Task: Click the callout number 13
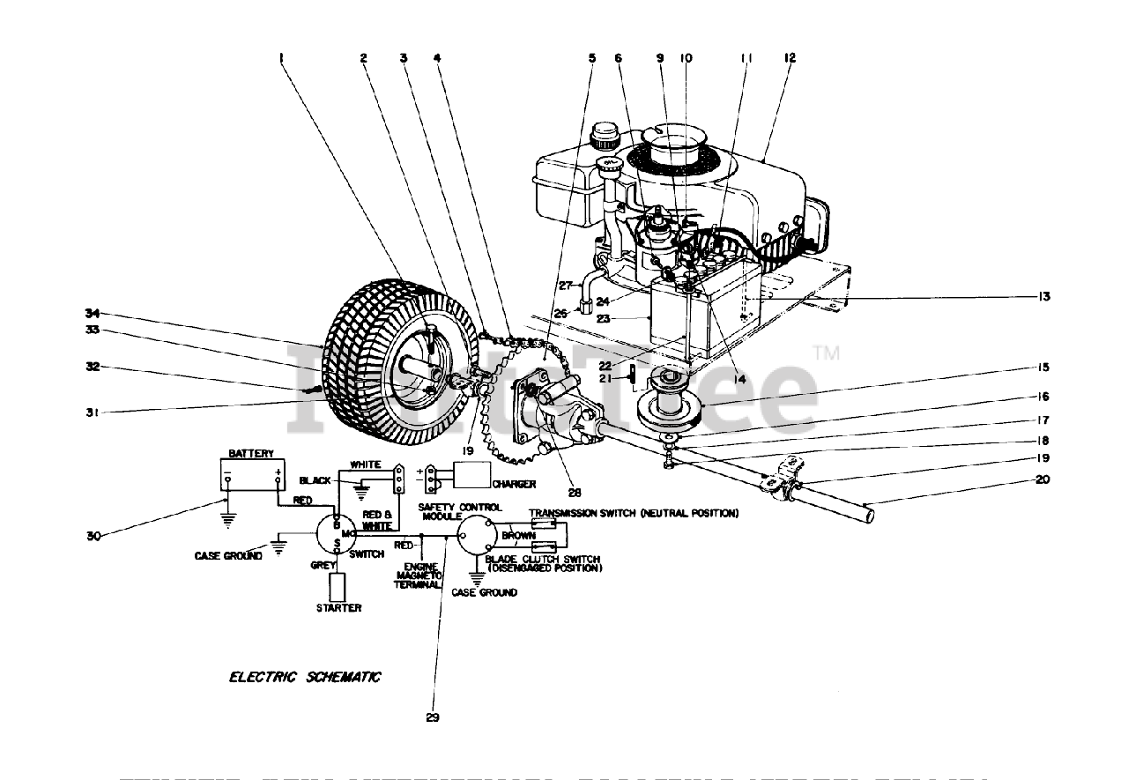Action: [x=1043, y=297]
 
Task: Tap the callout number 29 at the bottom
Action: [x=432, y=717]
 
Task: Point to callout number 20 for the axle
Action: [x=1043, y=480]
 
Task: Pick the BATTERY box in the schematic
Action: [x=252, y=477]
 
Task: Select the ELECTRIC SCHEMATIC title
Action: [x=305, y=677]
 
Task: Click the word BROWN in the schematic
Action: [x=518, y=535]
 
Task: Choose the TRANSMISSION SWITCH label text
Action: [x=633, y=513]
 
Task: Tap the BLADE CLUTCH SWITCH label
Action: [x=544, y=564]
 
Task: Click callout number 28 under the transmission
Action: [x=575, y=492]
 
